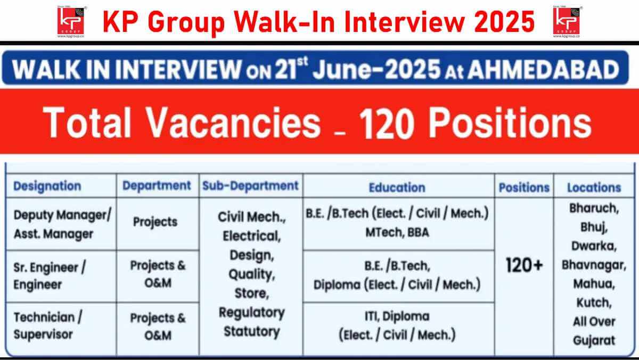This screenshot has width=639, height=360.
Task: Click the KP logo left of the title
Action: [71, 22]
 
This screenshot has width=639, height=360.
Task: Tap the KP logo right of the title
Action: [567, 22]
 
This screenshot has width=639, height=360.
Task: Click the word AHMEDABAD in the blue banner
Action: [544, 69]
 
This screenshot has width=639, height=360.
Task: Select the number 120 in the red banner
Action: [387, 123]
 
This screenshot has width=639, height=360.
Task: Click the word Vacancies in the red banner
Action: [233, 122]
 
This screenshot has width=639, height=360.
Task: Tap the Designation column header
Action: [47, 186]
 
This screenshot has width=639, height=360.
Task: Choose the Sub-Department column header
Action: [250, 186]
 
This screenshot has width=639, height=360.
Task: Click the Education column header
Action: [397, 187]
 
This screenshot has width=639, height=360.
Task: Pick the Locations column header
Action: [594, 187]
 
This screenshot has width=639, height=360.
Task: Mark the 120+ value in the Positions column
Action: [525, 265]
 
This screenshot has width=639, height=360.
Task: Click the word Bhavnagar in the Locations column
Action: [594, 265]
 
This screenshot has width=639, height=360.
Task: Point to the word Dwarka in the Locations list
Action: [594, 246]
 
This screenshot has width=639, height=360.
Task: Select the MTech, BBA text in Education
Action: [397, 232]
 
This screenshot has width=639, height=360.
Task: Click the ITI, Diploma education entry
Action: [397, 316]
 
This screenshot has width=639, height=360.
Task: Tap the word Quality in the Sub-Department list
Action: [251, 274]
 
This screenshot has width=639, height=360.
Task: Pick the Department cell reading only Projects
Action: [155, 222]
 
